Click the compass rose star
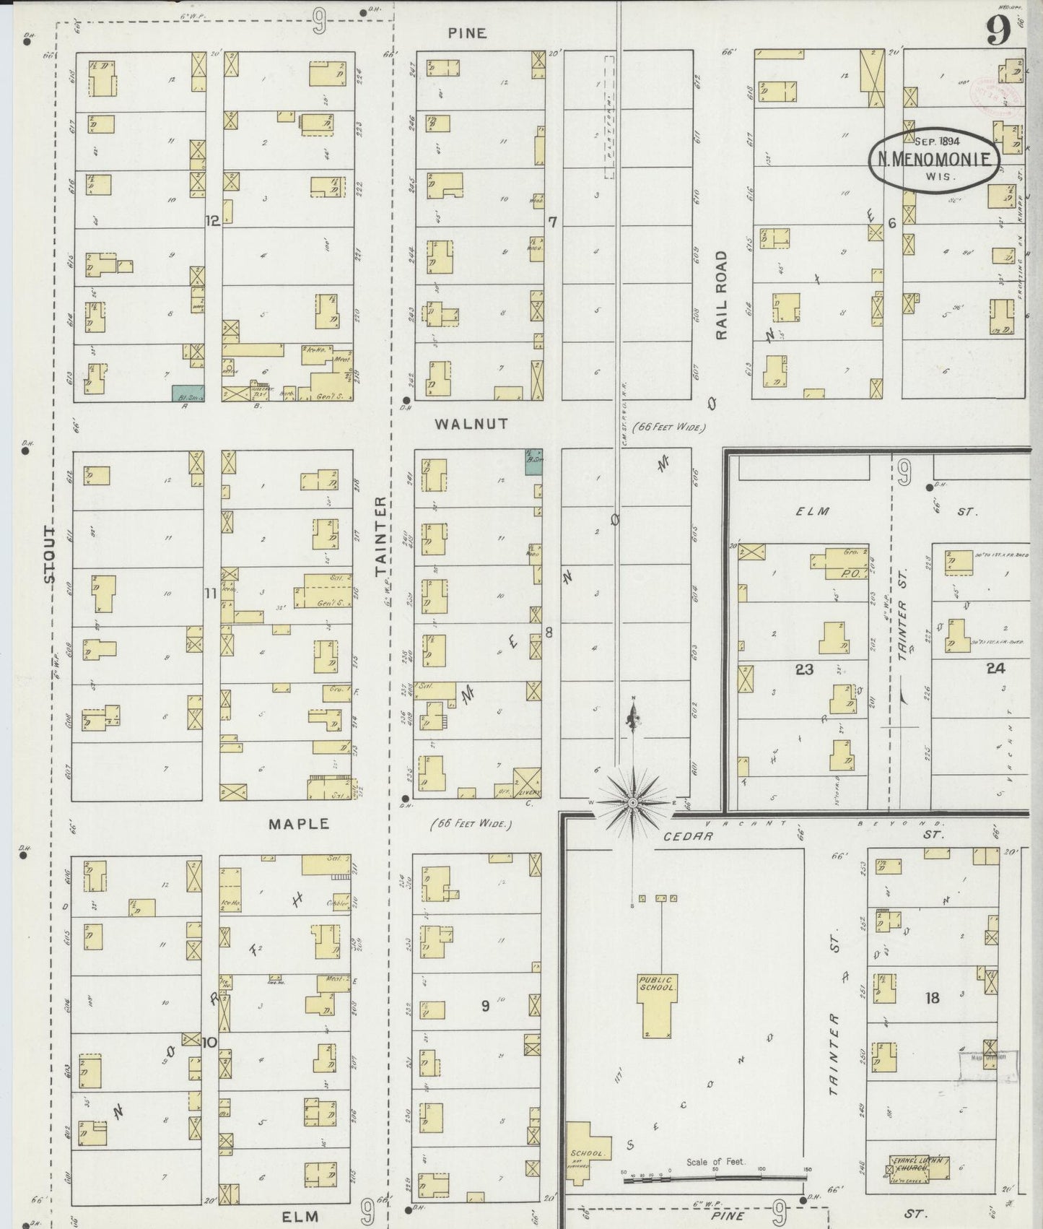[633, 802]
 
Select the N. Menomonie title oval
[933, 160]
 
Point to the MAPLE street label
[299, 823]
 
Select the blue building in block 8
[533, 461]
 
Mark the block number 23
[804, 669]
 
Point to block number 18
[932, 998]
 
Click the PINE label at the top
[466, 33]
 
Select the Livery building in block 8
[527, 783]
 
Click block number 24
[995, 669]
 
